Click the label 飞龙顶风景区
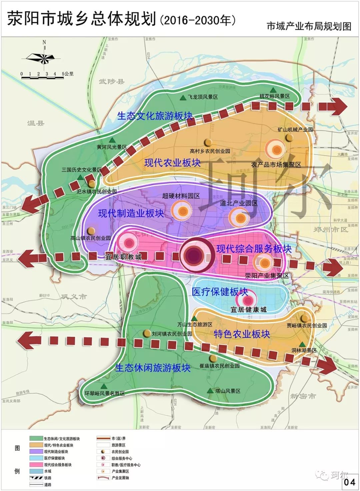203,97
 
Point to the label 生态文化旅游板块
155,116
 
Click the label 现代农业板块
172,163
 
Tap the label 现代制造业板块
131,213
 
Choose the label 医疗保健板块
220,292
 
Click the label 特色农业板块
242,334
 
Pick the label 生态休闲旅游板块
153,368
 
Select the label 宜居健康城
248,309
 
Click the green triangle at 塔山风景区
210,390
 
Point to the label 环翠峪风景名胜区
105,393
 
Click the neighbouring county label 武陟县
111,81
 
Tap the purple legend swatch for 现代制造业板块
36,452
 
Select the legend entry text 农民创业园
120,452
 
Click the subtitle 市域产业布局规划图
309,26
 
